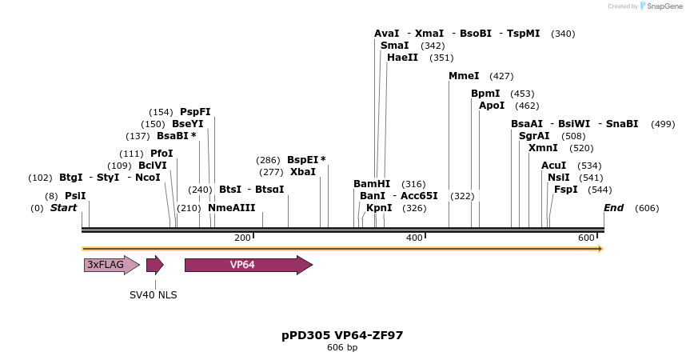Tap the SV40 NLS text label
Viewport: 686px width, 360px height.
point(154,294)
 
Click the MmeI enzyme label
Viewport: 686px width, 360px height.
point(464,76)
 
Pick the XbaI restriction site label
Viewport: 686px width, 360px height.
point(303,172)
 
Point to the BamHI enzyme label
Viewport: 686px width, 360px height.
point(371,184)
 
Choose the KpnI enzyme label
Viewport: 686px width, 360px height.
point(379,208)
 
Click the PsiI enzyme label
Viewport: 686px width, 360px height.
point(75,196)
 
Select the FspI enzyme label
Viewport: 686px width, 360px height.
point(566,190)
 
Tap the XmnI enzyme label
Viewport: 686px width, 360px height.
point(543,148)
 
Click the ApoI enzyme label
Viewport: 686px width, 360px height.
point(492,106)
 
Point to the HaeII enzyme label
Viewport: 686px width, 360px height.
point(402,58)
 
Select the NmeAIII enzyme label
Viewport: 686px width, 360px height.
point(232,208)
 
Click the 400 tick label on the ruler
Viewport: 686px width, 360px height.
point(414,238)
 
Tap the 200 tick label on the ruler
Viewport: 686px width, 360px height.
point(242,238)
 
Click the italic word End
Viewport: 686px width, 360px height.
point(613,208)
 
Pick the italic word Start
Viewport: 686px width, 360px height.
point(64,208)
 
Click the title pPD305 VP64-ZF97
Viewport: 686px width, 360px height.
point(342,335)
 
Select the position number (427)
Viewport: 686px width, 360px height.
point(501,76)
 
